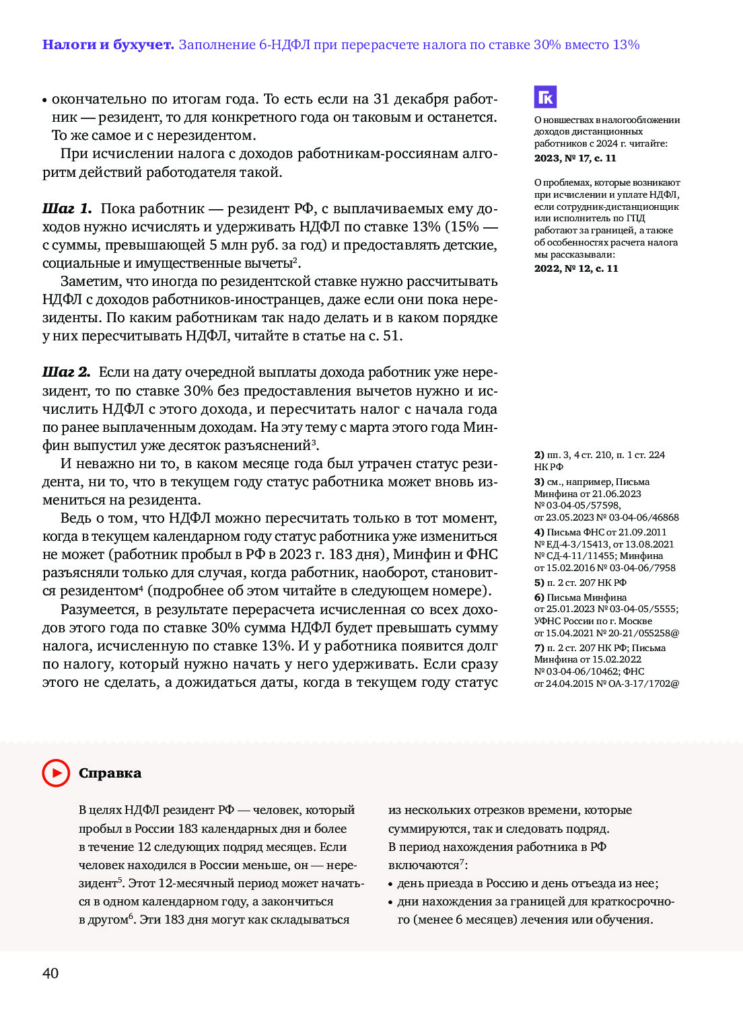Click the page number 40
coord(50,973)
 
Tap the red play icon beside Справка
coord(56,773)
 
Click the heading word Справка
coord(110,773)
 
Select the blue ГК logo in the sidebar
coord(545,97)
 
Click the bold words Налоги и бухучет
coord(108,45)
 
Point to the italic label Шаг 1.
coord(67,209)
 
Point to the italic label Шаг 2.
coord(66,373)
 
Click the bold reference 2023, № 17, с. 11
coord(575,158)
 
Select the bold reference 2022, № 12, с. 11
coord(575,268)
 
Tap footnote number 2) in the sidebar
coord(539,455)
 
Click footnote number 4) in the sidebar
coord(539,532)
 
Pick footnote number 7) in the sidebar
coord(539,648)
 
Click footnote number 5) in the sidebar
coord(539,583)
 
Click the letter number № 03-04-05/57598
coord(577,505)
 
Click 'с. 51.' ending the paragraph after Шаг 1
coord(386,336)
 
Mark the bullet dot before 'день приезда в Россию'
coord(391,884)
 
